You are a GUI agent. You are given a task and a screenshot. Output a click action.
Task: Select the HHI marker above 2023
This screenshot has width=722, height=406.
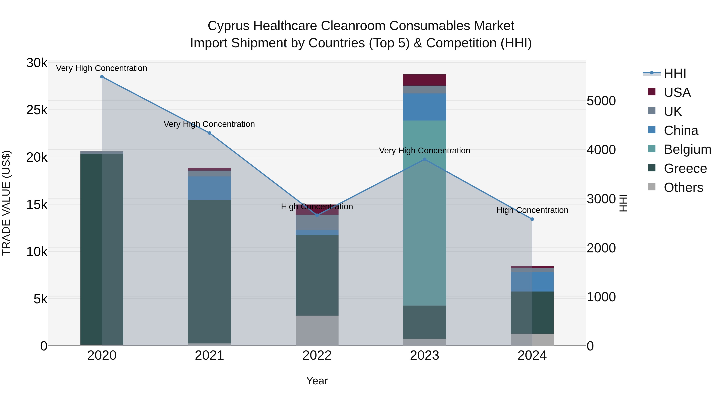click(x=424, y=159)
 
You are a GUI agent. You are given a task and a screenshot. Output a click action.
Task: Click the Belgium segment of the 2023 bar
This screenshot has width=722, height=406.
click(x=424, y=213)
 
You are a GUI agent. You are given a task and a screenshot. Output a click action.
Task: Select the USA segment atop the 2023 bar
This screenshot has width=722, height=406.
click(x=424, y=80)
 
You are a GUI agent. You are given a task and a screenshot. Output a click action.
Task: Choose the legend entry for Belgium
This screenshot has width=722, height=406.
click(x=687, y=149)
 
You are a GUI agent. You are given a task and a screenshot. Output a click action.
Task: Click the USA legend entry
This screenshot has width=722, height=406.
click(x=677, y=92)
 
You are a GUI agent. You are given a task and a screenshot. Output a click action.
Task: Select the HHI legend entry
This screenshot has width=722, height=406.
click(x=675, y=73)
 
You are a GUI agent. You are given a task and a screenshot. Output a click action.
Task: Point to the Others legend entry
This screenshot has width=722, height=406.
click(x=683, y=187)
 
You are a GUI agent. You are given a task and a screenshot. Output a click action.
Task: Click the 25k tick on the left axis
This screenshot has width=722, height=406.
click(x=37, y=110)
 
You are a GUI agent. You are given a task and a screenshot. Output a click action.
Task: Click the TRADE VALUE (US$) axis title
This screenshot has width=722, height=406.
click(x=6, y=203)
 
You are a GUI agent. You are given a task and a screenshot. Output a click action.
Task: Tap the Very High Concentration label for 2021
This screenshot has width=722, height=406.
click(x=209, y=124)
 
